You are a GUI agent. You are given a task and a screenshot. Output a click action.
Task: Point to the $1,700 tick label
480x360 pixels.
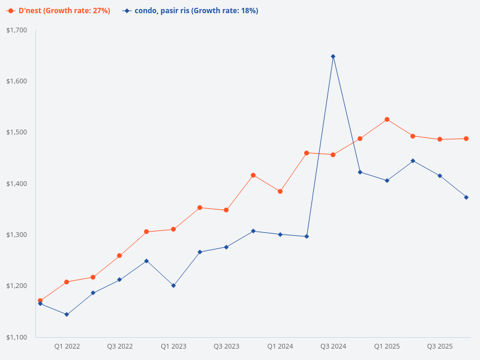17,30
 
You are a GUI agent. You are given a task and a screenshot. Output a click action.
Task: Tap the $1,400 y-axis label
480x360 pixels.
17,184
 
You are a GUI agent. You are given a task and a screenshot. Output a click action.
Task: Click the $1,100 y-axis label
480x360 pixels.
17,337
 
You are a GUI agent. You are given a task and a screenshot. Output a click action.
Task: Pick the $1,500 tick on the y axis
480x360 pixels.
17,132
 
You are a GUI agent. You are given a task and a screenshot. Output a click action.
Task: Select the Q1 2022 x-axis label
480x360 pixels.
67,346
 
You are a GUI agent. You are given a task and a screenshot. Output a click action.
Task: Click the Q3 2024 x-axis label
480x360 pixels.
333,346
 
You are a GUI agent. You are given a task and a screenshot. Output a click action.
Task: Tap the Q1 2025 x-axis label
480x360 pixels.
387,346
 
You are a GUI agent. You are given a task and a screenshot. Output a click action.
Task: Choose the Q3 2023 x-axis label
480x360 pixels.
226,346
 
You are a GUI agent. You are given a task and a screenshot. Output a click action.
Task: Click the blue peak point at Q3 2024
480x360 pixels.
333,56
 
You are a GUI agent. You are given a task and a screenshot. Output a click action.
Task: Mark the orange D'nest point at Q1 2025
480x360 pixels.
387,119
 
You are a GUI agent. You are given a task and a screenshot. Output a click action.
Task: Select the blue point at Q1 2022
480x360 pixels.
67,314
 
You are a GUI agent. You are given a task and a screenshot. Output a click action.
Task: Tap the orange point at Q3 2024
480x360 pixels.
333,155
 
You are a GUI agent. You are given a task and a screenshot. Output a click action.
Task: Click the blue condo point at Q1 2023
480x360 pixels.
173,286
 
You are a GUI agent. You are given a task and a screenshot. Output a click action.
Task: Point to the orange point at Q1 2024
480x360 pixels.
280,191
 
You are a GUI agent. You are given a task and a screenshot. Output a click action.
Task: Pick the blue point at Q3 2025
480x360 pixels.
440,176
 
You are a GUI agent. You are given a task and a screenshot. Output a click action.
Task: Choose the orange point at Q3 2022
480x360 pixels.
119,256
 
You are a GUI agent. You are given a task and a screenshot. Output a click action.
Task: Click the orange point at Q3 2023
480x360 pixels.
226,210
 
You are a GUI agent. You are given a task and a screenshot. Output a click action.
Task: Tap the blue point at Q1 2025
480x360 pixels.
387,181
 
